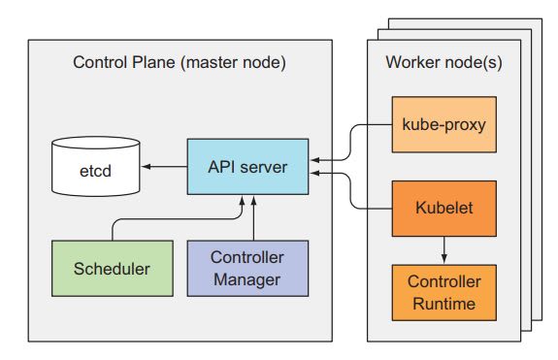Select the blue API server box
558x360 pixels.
click(x=247, y=167)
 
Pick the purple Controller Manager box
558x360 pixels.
click(x=246, y=269)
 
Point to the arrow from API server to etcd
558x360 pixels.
click(x=165, y=167)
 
